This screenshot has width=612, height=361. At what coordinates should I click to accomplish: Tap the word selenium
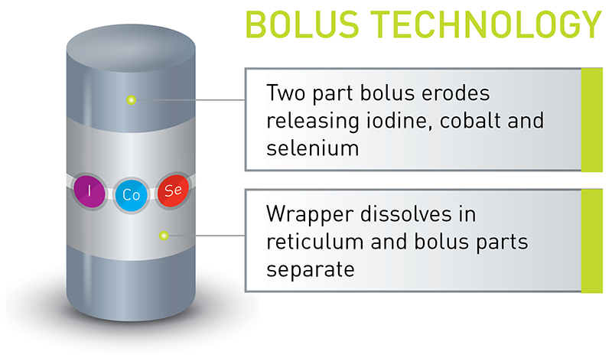pyautogui.click(x=313, y=147)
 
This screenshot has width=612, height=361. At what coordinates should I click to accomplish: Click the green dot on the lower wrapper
pyautogui.click(x=162, y=235)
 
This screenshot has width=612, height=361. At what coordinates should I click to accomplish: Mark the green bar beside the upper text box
pyautogui.click(x=591, y=119)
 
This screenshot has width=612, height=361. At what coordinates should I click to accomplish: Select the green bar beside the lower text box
pyautogui.click(x=591, y=240)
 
